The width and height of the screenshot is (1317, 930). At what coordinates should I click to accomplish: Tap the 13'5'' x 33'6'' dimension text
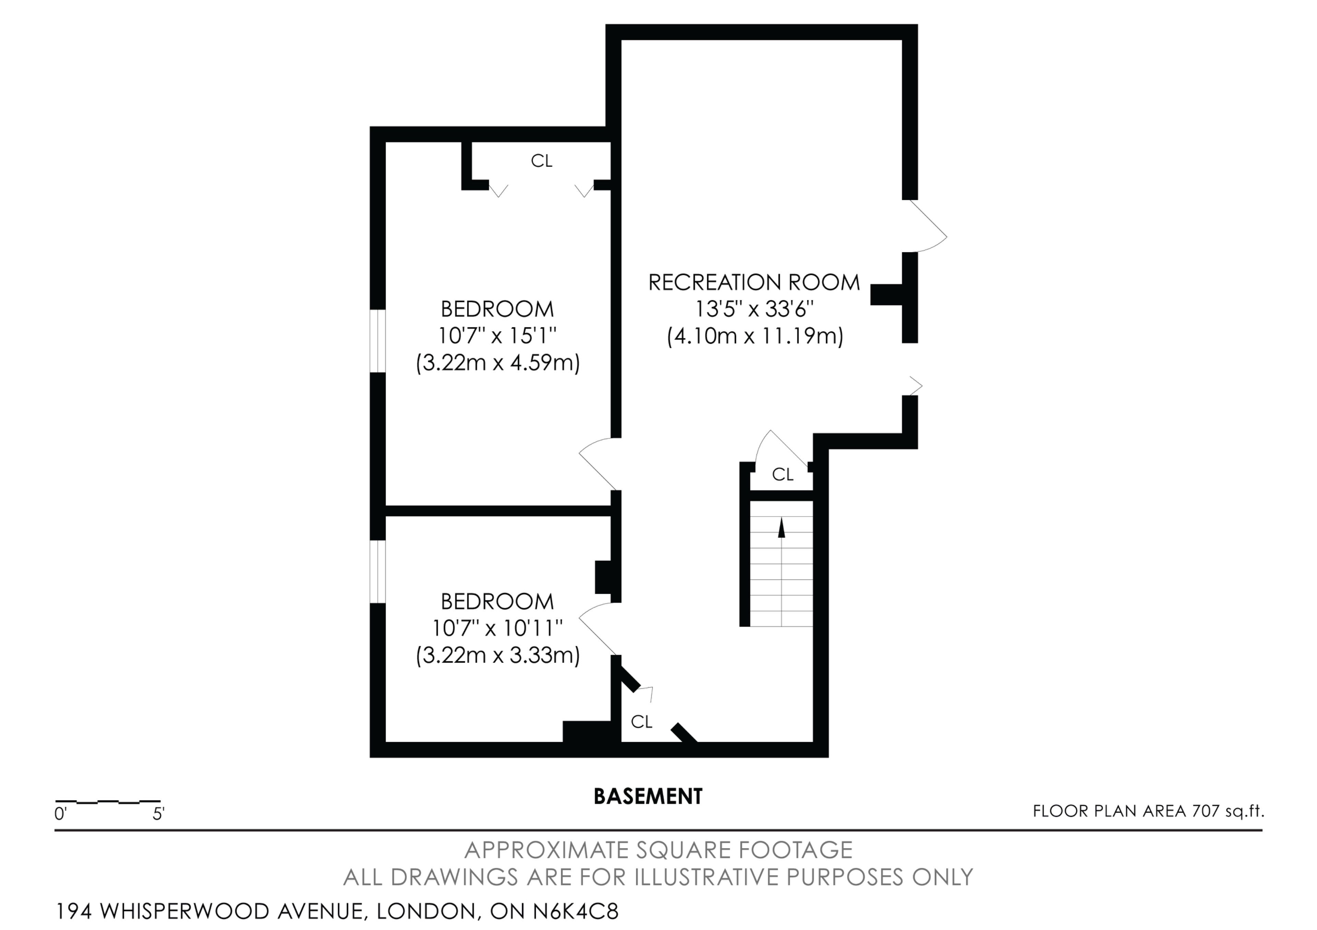[x=754, y=309]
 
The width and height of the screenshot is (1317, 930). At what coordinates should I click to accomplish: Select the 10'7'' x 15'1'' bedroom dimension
[x=497, y=335]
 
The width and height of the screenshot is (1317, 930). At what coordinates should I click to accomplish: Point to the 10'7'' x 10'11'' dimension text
[x=497, y=628]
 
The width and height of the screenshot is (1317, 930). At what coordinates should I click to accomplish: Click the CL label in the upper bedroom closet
[x=542, y=161]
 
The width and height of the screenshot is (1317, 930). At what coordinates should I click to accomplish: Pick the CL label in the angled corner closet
[x=641, y=722]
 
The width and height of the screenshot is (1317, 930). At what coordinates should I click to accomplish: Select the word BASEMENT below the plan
[x=648, y=796]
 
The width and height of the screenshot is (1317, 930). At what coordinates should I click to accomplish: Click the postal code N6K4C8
[x=576, y=911]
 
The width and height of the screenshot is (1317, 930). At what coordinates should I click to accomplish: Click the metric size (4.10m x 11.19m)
[x=755, y=336]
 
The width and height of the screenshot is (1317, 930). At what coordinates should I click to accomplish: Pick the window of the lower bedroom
[x=377, y=572]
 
